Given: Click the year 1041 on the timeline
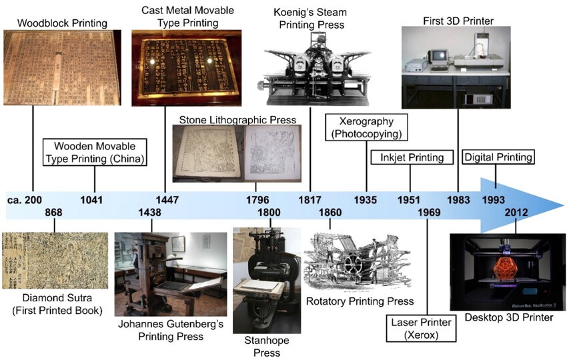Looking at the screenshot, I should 94,199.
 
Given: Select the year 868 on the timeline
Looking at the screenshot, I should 55,213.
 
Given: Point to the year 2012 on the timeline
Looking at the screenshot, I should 516,213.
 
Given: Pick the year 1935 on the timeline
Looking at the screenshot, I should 366,199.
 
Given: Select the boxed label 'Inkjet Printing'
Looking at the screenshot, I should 412,158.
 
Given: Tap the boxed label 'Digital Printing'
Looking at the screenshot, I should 499,158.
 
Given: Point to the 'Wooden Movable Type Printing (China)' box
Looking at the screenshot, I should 95,151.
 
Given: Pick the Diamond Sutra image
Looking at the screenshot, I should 55,260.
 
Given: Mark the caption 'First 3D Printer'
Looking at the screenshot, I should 458,21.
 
